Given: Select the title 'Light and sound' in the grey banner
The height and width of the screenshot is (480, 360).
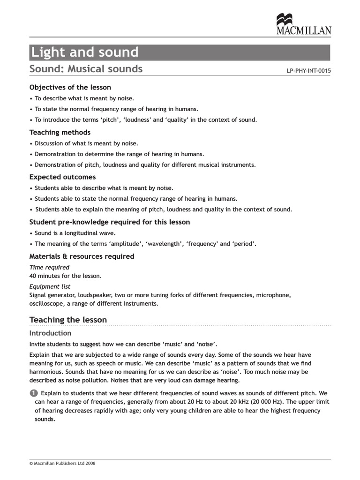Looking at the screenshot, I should pyautogui.click(x=84, y=52).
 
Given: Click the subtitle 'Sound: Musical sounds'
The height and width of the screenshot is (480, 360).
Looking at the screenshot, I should pyautogui.click(x=86, y=69).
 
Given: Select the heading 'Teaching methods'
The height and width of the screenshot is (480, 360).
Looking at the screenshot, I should pyautogui.click(x=60, y=132).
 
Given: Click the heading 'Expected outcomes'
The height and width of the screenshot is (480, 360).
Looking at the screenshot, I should pyautogui.click(x=62, y=177).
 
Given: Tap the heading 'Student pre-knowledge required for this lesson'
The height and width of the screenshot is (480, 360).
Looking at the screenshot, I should pyautogui.click(x=110, y=222).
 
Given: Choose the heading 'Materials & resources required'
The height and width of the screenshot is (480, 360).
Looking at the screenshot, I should pyautogui.click(x=82, y=256).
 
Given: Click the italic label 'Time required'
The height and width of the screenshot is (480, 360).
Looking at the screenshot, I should pyautogui.click(x=49, y=267).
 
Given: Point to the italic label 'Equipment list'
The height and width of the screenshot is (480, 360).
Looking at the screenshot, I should pyautogui.click(x=50, y=286).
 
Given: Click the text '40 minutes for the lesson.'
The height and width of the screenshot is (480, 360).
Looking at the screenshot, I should pyautogui.click(x=65, y=276).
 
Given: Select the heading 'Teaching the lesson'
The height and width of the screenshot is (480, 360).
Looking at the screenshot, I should pyautogui.click(x=68, y=320).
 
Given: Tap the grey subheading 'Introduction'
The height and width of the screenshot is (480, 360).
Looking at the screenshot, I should pyautogui.click(x=50, y=333).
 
